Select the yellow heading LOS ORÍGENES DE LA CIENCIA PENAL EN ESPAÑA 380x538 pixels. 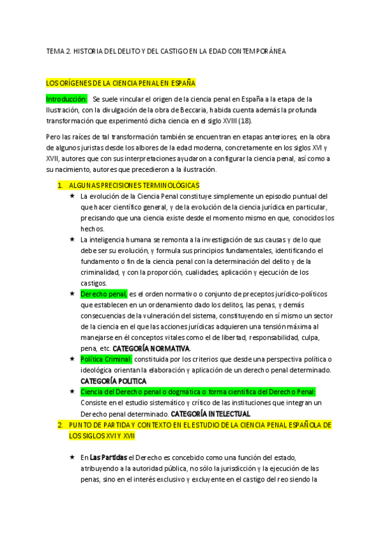(121, 82)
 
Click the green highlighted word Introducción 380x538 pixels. (66, 99)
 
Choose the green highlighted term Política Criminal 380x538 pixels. (106, 359)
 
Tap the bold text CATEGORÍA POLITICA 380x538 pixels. (114, 381)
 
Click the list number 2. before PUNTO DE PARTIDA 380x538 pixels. (60, 424)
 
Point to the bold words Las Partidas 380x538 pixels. (108, 457)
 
